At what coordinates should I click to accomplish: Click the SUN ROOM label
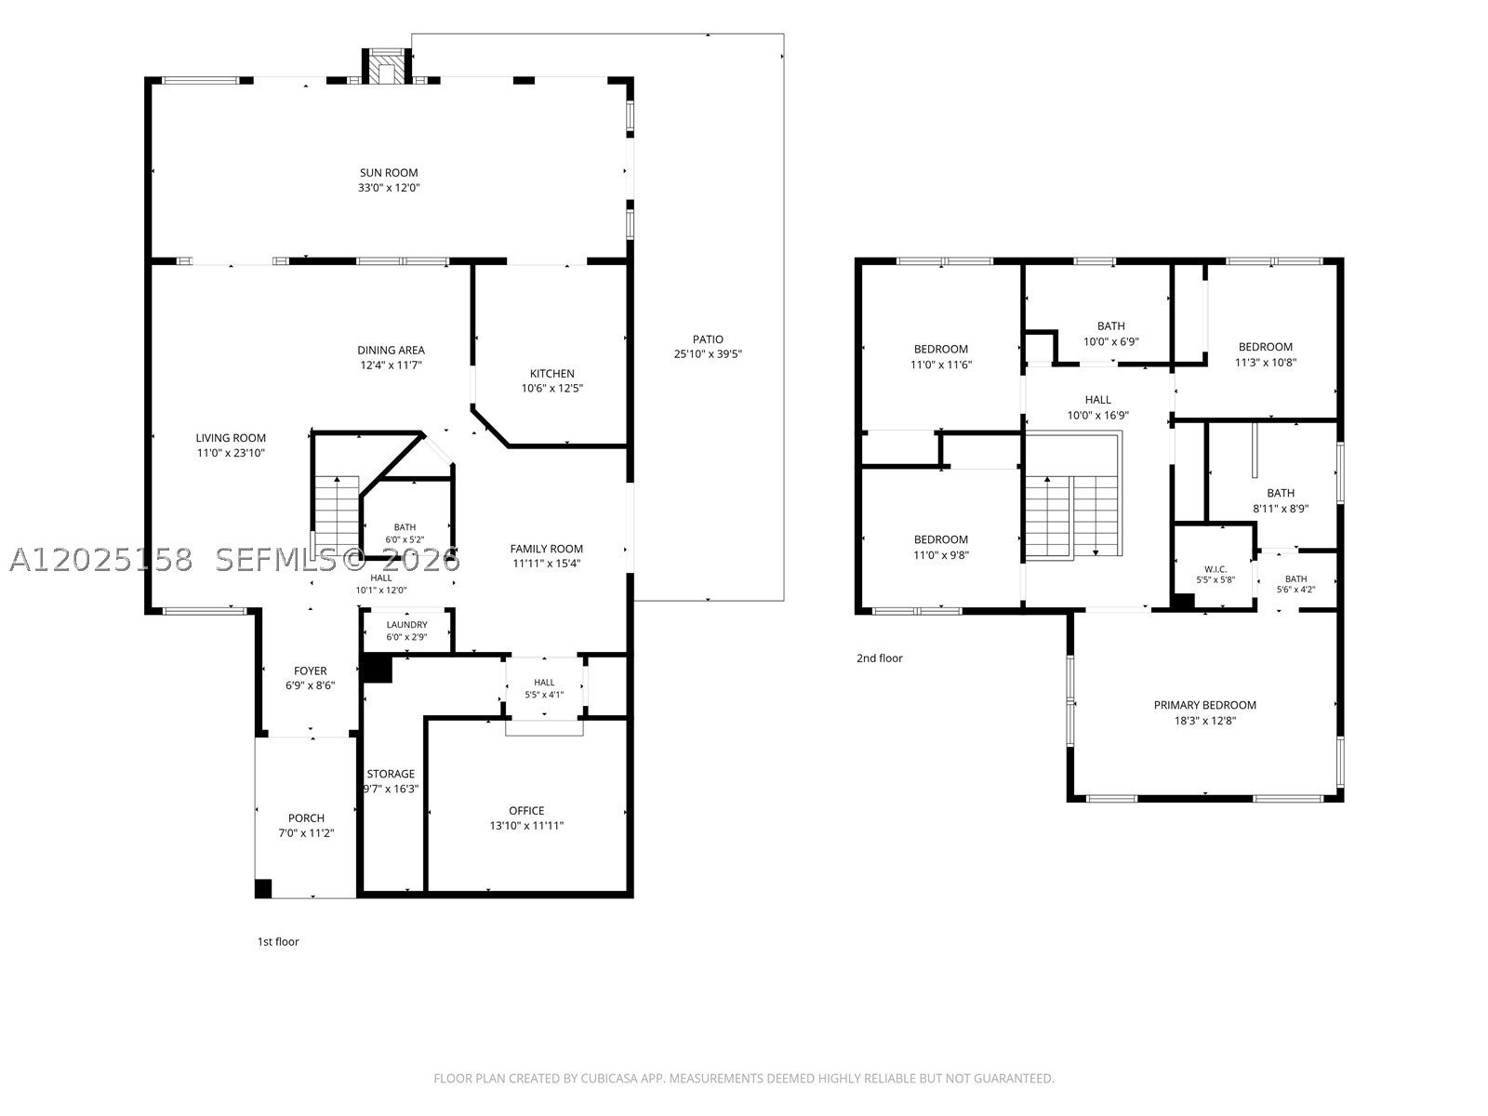[x=389, y=173]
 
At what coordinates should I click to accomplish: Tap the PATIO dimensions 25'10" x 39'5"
[x=708, y=353]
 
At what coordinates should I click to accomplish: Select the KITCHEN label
[x=551, y=373]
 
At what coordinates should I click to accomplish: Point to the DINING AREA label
[x=392, y=351]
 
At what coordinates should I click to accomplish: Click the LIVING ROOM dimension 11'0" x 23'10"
[x=231, y=453]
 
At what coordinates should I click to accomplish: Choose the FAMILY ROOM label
[x=547, y=549]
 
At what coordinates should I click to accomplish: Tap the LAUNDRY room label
[x=406, y=625]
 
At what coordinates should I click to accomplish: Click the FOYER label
[x=311, y=671]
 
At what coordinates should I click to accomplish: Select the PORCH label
[x=306, y=817]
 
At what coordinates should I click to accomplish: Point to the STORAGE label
[x=391, y=774]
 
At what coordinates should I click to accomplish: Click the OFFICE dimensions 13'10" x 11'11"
[x=526, y=825]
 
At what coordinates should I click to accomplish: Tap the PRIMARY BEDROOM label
[x=1205, y=705]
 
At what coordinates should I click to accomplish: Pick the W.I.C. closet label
[x=1216, y=569]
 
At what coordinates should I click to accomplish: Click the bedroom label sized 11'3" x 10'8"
[x=1266, y=347]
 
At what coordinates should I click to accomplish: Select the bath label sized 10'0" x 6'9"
[x=1111, y=325]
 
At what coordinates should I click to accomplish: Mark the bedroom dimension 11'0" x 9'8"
[x=941, y=555]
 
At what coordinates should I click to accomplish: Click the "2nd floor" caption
[x=879, y=658]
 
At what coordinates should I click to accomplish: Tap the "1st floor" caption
[x=278, y=941]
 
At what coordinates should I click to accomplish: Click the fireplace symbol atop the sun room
[x=386, y=66]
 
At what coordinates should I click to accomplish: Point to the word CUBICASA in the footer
[x=609, y=1078]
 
